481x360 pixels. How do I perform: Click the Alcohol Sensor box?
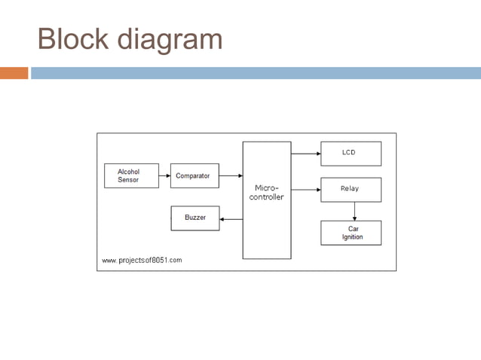click(x=131, y=175)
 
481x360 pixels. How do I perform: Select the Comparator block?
click(x=195, y=175)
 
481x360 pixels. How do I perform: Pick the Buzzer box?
click(x=195, y=218)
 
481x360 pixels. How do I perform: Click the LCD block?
click(x=351, y=153)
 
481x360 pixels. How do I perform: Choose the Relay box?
click(x=351, y=189)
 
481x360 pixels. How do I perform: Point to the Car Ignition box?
click(x=351, y=233)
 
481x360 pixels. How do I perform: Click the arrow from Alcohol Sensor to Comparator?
click(x=164, y=175)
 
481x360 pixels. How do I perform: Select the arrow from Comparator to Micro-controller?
click(x=231, y=175)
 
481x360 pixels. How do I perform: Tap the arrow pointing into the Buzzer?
click(x=231, y=219)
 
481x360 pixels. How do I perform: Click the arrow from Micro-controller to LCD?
click(x=305, y=153)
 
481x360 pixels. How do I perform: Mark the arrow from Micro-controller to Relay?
click(x=305, y=189)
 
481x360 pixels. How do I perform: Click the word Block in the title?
click(x=72, y=39)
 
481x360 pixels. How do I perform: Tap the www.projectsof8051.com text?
click(x=142, y=261)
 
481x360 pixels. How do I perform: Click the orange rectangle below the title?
click(x=14, y=73)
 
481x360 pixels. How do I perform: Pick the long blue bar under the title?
click(x=256, y=73)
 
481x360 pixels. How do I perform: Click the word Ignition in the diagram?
click(x=352, y=237)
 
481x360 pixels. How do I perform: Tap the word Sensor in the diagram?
click(x=128, y=180)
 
